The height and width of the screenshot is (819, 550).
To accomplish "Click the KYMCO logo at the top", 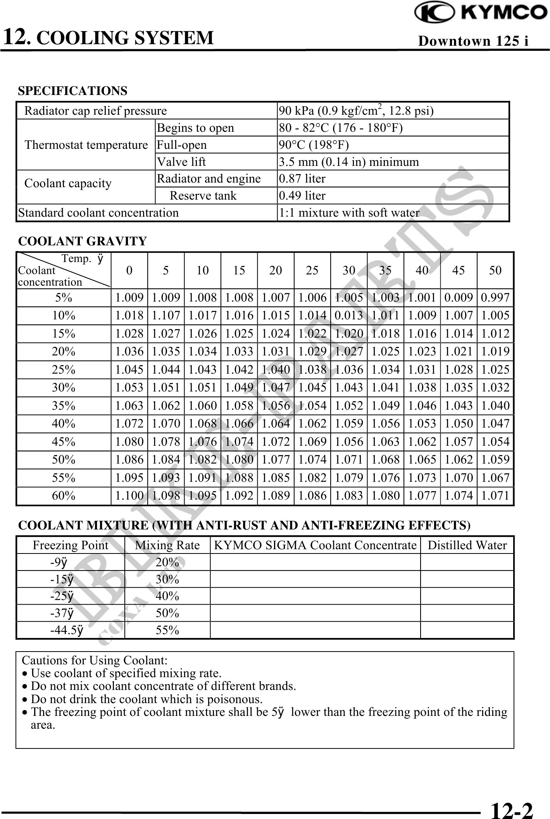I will [481, 13].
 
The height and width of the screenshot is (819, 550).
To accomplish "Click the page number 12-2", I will [512, 810].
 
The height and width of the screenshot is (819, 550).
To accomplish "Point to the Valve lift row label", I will [181, 162].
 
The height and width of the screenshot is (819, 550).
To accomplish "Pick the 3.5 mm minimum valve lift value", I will [349, 162].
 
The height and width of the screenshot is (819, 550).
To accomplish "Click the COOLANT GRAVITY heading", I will [83, 241].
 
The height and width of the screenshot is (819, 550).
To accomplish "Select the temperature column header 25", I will [312, 271].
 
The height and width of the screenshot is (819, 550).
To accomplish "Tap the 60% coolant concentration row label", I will [64, 496].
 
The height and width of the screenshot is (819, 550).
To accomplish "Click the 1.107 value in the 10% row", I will [166, 316].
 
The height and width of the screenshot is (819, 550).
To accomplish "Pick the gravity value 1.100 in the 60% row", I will [129, 496].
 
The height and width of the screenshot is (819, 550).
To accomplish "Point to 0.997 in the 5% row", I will [495, 298].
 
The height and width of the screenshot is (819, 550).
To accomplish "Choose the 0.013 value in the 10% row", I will [349, 316].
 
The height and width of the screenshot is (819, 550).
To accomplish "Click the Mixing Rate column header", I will [167, 545].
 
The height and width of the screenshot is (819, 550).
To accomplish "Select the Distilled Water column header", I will [467, 545].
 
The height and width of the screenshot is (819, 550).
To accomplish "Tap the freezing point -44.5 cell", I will [67, 630].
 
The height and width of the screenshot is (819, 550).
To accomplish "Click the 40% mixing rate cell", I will [167, 596].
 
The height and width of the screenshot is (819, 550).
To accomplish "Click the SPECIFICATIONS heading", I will [72, 91].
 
